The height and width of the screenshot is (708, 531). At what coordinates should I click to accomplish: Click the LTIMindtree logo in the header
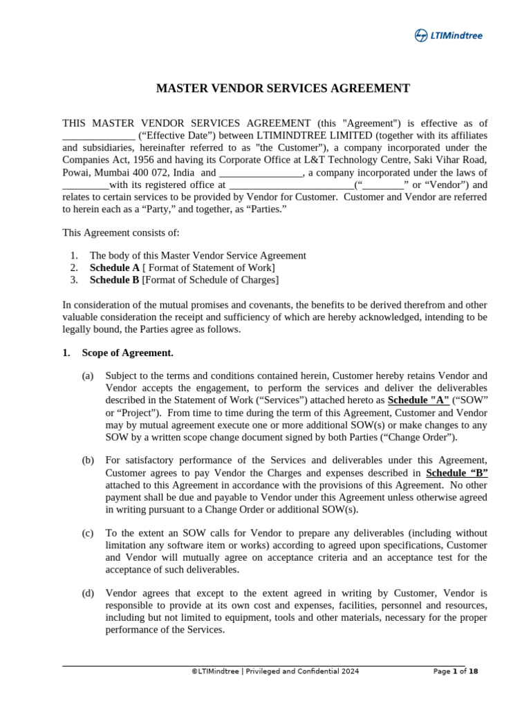coord(448,35)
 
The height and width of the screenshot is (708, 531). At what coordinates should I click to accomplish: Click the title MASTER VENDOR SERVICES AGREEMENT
coord(283,88)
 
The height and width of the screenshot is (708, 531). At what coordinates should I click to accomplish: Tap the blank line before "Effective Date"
coord(98,136)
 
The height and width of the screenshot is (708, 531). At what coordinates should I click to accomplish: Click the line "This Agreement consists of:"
coord(121,233)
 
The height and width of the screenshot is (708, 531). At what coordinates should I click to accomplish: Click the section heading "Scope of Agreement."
coord(127,353)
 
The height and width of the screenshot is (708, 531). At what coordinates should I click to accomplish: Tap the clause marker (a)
coord(88,376)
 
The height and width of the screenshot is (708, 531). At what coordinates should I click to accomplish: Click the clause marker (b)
coord(88,460)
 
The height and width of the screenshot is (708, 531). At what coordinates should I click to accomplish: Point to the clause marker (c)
coord(88,533)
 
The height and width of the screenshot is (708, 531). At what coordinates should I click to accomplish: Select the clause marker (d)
coord(88,593)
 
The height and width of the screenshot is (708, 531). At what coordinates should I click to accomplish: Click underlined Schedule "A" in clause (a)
coord(418,400)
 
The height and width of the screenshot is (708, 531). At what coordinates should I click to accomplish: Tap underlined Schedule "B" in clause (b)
coord(457,473)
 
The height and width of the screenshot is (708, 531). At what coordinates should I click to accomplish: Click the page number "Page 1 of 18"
coord(455,671)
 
